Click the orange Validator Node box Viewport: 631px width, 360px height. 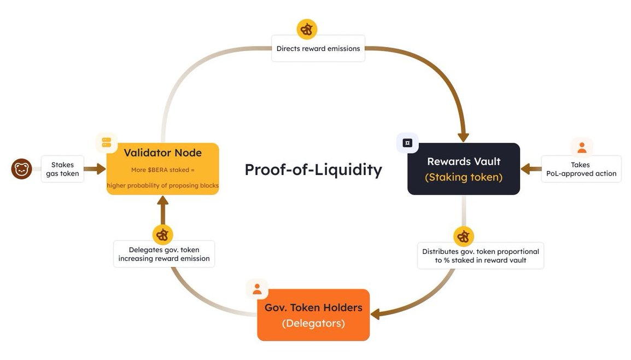(162, 169)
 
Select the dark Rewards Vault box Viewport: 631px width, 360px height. (464, 169)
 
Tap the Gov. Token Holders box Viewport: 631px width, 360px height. (313, 315)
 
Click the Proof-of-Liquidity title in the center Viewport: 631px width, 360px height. (313, 170)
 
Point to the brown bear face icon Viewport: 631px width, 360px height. (22, 169)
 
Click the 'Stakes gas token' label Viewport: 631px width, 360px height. (62, 169)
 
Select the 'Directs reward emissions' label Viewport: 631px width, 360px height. (318, 49)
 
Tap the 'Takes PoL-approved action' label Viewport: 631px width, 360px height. (581, 169)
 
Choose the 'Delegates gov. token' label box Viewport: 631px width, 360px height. (164, 254)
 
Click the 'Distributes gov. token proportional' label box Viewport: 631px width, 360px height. (481, 256)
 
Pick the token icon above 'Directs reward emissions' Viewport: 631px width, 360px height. (307, 29)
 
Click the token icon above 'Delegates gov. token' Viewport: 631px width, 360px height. (162, 235)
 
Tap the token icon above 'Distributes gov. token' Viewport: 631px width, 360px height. (464, 237)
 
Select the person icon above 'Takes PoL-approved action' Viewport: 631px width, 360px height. (582, 147)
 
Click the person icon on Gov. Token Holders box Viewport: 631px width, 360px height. (257, 289)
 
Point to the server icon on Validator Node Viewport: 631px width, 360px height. (107, 143)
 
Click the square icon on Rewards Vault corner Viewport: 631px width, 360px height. (407, 143)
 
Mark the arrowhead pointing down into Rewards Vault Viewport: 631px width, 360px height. (464, 136)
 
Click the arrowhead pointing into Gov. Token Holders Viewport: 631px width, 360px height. (376, 315)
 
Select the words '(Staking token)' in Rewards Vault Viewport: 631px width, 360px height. (464, 177)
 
